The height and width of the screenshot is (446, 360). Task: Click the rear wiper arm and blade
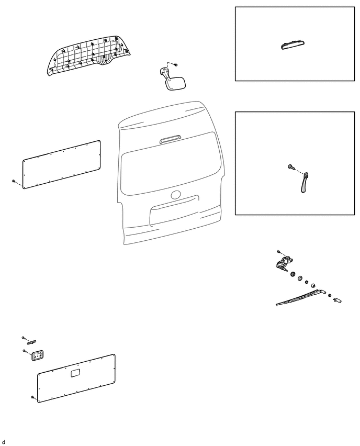point(296,298)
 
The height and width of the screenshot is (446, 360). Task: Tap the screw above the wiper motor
point(279,252)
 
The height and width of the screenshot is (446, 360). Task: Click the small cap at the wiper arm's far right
point(337,301)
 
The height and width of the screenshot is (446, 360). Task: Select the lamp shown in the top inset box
point(295,46)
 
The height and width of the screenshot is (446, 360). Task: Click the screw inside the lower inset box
point(290,166)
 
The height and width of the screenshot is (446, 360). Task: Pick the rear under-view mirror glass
point(177,84)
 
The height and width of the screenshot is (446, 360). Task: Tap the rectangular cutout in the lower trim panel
point(75,373)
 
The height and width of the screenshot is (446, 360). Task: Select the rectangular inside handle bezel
point(38,356)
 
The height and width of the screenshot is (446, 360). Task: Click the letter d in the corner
point(4,442)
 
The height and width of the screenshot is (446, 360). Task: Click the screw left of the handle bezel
point(25,351)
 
